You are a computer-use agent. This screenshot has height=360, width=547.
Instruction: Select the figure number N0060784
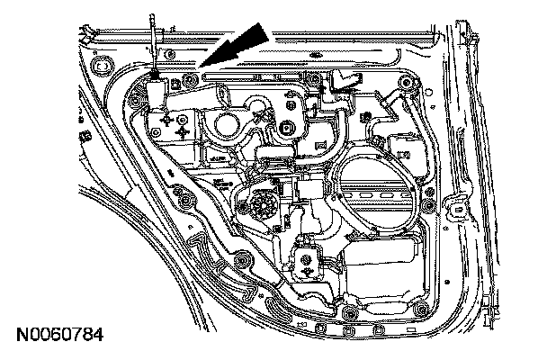coord(59,337)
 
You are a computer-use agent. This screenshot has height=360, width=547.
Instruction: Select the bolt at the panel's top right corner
coord(409,86)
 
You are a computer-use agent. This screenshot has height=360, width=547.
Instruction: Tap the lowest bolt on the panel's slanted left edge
coord(242,261)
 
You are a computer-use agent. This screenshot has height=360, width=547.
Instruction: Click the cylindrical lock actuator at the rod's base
coord(157,91)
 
